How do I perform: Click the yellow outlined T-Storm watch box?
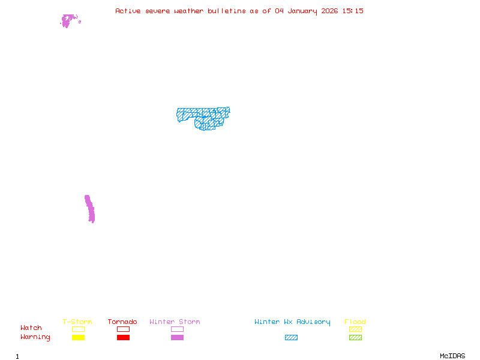click(x=78, y=329)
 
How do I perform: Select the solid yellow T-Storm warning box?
click(x=78, y=337)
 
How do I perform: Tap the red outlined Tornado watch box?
click(x=123, y=329)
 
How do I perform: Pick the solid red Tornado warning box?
click(x=123, y=337)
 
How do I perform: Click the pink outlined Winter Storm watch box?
click(x=177, y=329)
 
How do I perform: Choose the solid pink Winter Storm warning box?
click(x=177, y=337)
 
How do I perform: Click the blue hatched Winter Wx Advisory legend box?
click(x=291, y=337)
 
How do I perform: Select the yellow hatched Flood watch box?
click(x=355, y=329)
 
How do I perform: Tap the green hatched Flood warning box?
click(x=355, y=337)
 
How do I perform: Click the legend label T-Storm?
click(x=77, y=322)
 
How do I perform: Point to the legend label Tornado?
click(x=122, y=322)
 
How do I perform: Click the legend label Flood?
click(x=355, y=322)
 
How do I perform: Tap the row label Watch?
click(x=31, y=328)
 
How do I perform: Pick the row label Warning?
click(x=35, y=337)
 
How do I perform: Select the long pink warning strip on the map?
click(x=89, y=208)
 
